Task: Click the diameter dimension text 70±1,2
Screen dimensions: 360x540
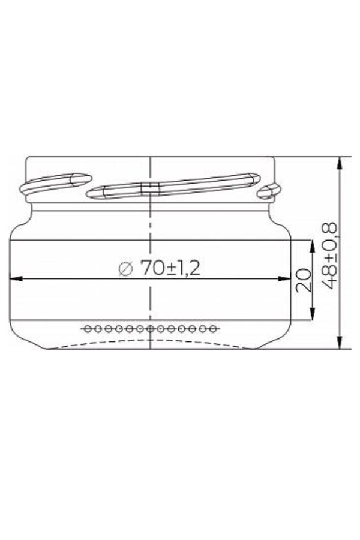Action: (x=170, y=268)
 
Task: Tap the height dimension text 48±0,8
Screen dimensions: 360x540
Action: (x=328, y=256)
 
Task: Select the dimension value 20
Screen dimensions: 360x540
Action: (x=303, y=280)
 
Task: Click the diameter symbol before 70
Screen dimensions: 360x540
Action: (x=125, y=269)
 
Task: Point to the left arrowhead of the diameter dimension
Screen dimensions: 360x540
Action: (x=16, y=278)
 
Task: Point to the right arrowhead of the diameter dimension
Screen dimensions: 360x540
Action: (x=284, y=278)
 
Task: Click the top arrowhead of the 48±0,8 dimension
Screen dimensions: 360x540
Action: (x=340, y=163)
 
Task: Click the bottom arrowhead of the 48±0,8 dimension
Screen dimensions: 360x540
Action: (x=340, y=343)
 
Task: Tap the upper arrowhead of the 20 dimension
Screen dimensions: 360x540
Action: (x=312, y=246)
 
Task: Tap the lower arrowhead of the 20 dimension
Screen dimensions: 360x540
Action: (x=312, y=314)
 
